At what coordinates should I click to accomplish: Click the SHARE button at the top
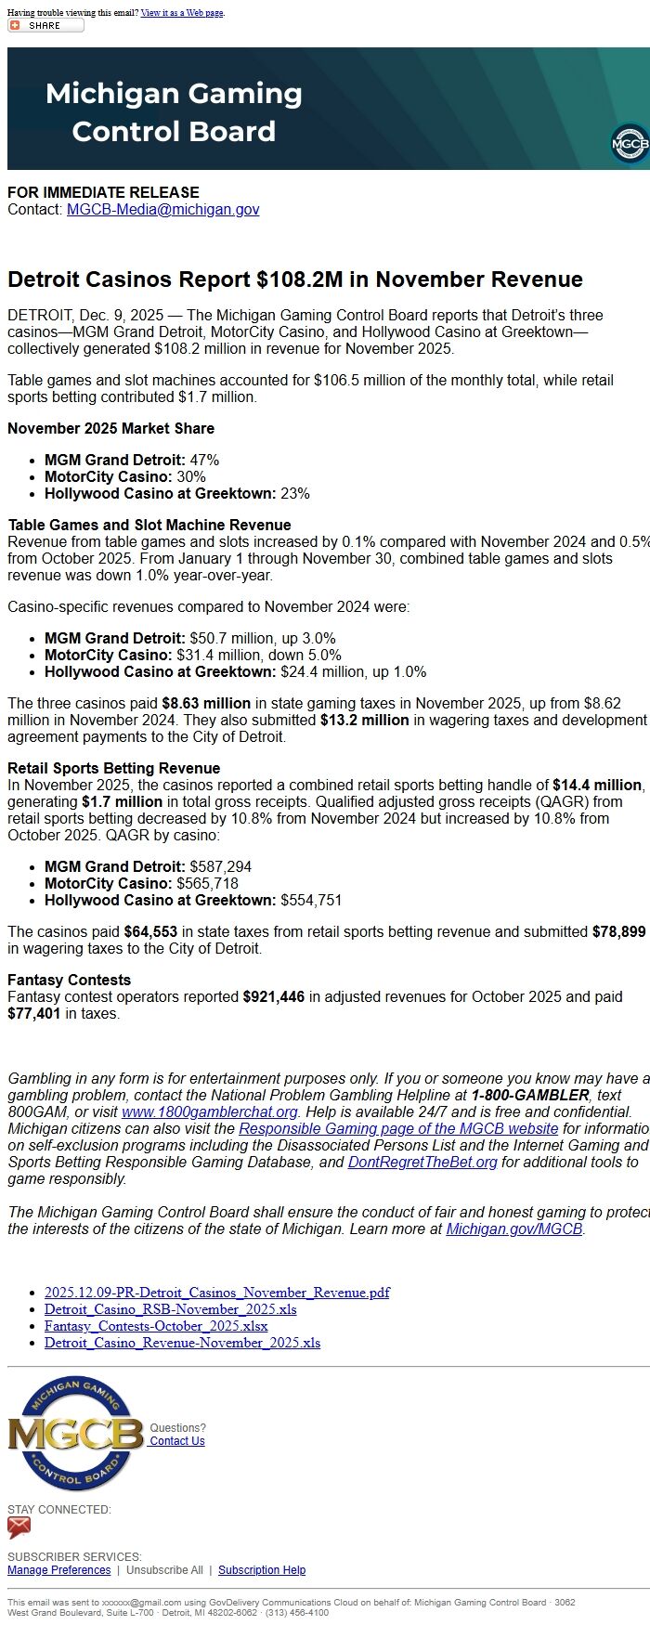[45, 25]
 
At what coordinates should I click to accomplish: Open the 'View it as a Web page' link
[182, 13]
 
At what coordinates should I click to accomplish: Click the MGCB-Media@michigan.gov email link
[162, 210]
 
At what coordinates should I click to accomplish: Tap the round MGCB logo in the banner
[630, 145]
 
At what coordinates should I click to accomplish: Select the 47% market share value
[204, 461]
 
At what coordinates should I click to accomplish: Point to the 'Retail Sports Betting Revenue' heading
[113, 769]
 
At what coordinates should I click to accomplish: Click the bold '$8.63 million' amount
[206, 704]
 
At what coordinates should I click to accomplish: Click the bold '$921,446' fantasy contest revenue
[273, 997]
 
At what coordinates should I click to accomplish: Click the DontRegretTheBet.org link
[422, 1163]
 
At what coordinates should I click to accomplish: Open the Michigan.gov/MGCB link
[513, 1229]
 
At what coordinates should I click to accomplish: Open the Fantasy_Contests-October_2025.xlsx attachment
[156, 1326]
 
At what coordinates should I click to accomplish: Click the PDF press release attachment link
[216, 1293]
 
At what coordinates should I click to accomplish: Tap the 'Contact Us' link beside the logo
[177, 1441]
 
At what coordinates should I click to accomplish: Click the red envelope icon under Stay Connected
[19, 1527]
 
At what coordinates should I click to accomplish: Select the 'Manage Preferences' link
[58, 1570]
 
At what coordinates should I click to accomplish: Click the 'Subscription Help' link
[262, 1570]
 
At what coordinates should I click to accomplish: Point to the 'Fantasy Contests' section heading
[70, 981]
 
